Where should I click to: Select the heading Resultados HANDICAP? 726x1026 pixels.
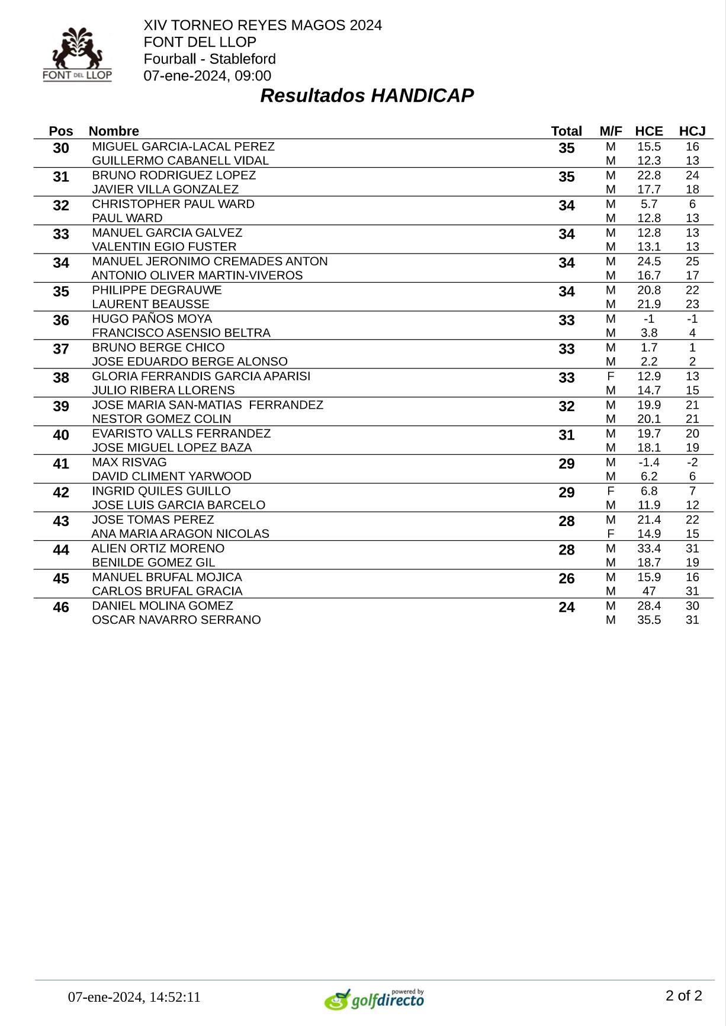(x=367, y=95)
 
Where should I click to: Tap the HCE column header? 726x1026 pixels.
(x=648, y=131)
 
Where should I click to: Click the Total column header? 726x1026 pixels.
(x=566, y=131)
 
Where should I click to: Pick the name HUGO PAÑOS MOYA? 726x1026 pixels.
(x=152, y=319)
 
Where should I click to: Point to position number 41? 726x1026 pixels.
(x=61, y=464)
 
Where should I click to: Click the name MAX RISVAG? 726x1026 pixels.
(x=129, y=462)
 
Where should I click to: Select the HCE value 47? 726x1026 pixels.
(x=648, y=591)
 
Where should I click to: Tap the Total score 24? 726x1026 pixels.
(x=566, y=608)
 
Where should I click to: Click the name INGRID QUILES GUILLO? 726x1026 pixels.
(x=161, y=491)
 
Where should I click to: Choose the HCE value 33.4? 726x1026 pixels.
(x=648, y=549)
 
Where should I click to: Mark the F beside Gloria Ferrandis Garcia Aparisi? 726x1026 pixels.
(x=611, y=376)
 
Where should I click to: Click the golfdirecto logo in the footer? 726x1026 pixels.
(x=374, y=999)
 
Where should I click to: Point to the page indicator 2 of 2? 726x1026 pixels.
(x=683, y=995)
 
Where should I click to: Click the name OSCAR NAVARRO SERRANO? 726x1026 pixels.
(x=176, y=620)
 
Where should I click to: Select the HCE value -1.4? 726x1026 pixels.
(x=648, y=462)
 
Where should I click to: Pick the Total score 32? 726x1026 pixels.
(x=566, y=406)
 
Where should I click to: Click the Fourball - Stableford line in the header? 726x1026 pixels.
(x=210, y=59)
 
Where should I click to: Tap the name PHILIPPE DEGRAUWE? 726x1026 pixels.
(x=157, y=290)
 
